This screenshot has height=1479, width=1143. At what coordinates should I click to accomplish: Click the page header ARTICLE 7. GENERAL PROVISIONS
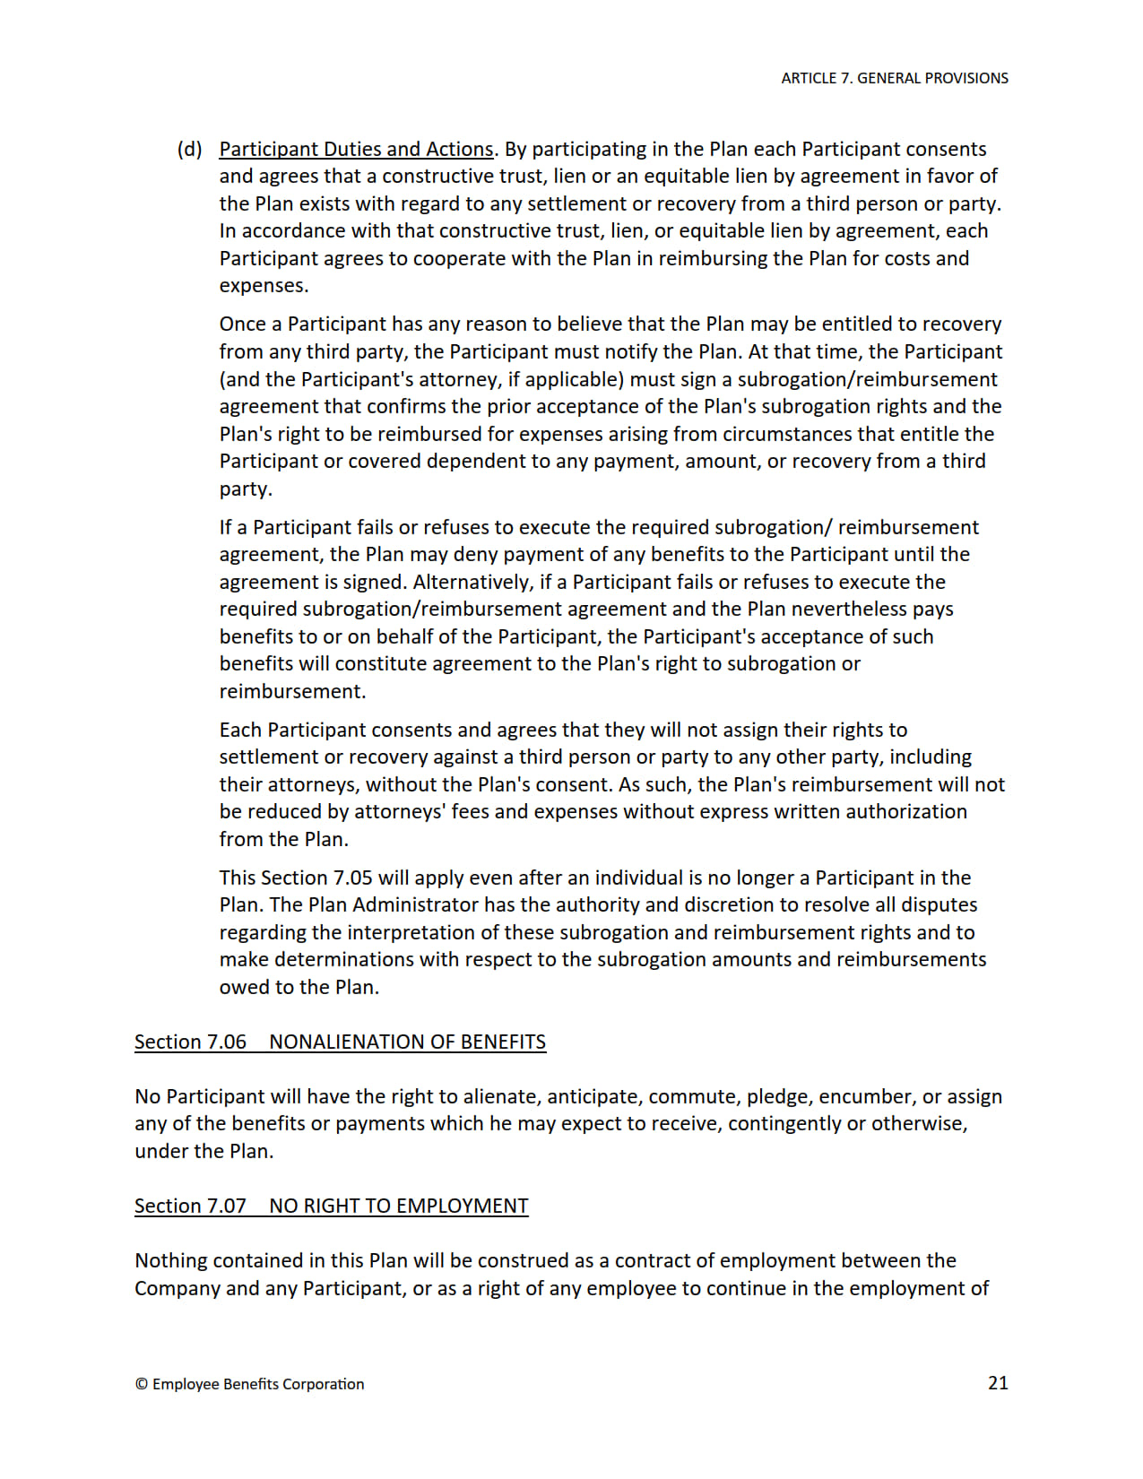894,78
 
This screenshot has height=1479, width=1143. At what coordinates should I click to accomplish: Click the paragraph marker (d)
189,149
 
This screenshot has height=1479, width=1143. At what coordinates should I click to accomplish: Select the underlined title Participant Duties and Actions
356,149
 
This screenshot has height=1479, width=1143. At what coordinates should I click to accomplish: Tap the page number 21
998,1383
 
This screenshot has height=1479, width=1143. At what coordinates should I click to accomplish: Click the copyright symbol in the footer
142,1384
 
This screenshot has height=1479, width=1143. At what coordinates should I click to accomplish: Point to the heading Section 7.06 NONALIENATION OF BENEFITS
340,1042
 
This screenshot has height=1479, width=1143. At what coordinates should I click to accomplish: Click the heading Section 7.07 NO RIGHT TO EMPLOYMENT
331,1206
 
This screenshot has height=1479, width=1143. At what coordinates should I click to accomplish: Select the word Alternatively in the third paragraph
472,582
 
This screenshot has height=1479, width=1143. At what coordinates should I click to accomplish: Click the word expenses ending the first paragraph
264,286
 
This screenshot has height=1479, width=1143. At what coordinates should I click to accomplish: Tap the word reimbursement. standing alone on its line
292,691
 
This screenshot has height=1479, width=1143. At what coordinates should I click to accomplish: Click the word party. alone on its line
246,489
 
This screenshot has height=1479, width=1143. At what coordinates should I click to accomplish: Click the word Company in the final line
178,1288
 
